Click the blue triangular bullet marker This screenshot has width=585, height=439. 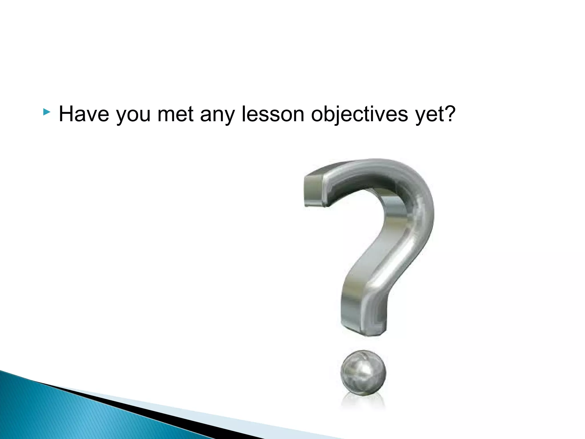pos(46,112)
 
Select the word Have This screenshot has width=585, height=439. pos(84,114)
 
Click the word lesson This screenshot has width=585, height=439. pos(273,114)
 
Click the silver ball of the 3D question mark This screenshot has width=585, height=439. pos(363,373)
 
